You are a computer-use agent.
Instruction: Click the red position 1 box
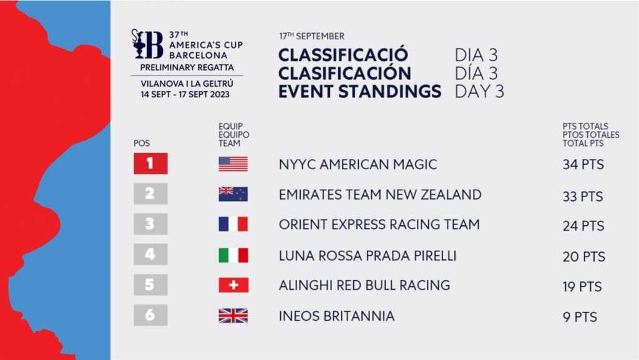150,163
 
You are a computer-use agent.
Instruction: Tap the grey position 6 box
150,315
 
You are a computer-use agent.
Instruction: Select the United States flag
233,163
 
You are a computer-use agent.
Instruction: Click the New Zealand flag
233,194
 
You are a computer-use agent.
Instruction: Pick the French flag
233,224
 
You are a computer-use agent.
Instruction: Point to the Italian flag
233,255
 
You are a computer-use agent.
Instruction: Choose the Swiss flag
233,285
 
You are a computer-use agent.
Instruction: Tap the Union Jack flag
233,316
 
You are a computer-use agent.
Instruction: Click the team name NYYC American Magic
358,165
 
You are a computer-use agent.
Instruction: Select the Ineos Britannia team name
336,316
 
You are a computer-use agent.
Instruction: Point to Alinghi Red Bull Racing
364,285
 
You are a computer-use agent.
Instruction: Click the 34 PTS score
583,165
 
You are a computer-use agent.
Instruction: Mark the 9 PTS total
580,317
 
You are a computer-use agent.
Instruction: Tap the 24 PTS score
583,226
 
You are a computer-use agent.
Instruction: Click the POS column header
142,144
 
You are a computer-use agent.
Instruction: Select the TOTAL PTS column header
583,144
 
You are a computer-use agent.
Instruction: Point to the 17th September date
312,36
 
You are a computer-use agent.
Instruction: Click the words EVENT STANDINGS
360,91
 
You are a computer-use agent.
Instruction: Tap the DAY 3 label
479,91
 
